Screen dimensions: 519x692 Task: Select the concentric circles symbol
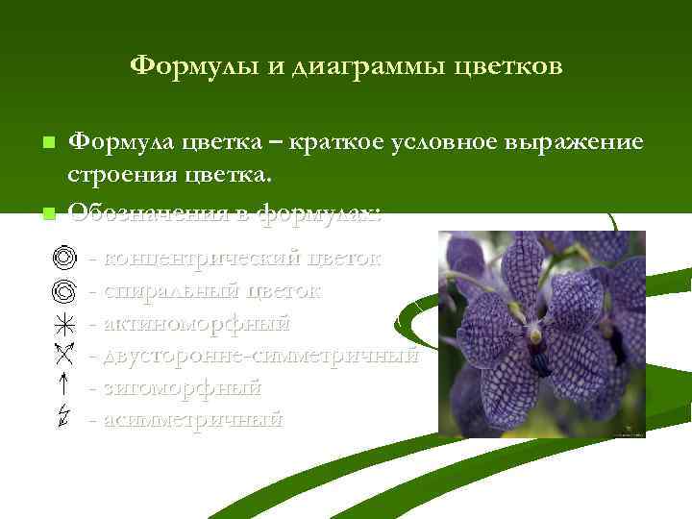click(x=62, y=259)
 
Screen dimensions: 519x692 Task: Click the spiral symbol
click(x=62, y=289)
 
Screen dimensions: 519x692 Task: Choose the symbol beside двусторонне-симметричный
click(x=62, y=355)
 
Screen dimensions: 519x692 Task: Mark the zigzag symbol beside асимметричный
click(x=62, y=419)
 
